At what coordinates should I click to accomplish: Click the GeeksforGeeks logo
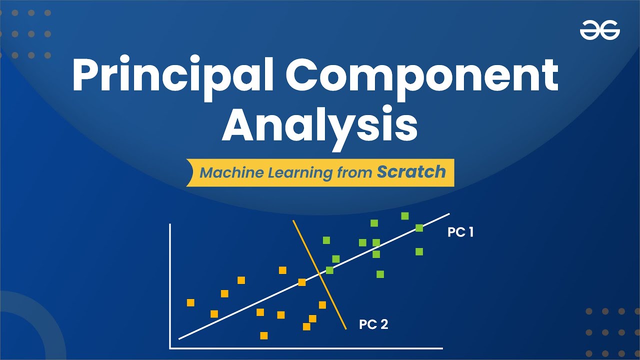coord(599,31)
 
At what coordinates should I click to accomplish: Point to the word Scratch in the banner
coord(411,172)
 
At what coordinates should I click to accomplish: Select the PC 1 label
coord(460,232)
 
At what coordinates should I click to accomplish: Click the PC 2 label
coord(373,324)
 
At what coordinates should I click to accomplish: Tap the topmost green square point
coord(405,216)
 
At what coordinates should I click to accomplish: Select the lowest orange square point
coord(264,335)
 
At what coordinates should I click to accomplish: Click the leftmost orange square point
coord(190,302)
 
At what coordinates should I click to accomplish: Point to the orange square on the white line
coord(302,282)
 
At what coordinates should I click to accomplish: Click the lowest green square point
coord(380,273)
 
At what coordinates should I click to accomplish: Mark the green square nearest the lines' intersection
coord(329,270)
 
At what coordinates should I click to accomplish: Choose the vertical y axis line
coord(170,285)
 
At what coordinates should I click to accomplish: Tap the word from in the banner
coord(355,173)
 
